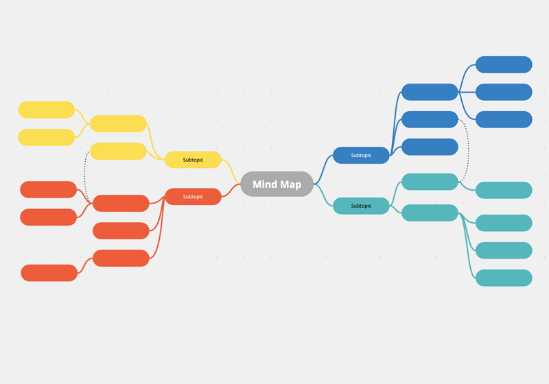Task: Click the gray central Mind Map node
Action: point(277,184)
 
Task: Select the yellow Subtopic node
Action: point(193,160)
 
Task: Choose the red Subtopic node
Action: point(193,197)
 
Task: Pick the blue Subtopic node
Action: point(361,155)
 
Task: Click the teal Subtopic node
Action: point(361,206)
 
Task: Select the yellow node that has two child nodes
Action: point(118,123)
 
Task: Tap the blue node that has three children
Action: point(430,92)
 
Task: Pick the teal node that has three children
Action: point(430,213)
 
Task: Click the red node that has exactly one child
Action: point(121,258)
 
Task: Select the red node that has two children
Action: point(121,203)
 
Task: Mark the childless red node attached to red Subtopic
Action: point(121,230)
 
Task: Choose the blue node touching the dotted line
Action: point(430,119)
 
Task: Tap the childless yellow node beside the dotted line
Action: point(118,151)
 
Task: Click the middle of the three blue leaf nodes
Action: point(504,92)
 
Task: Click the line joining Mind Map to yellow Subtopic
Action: point(232,171)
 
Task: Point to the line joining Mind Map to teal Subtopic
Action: point(323,195)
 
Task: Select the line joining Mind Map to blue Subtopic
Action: point(323,169)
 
